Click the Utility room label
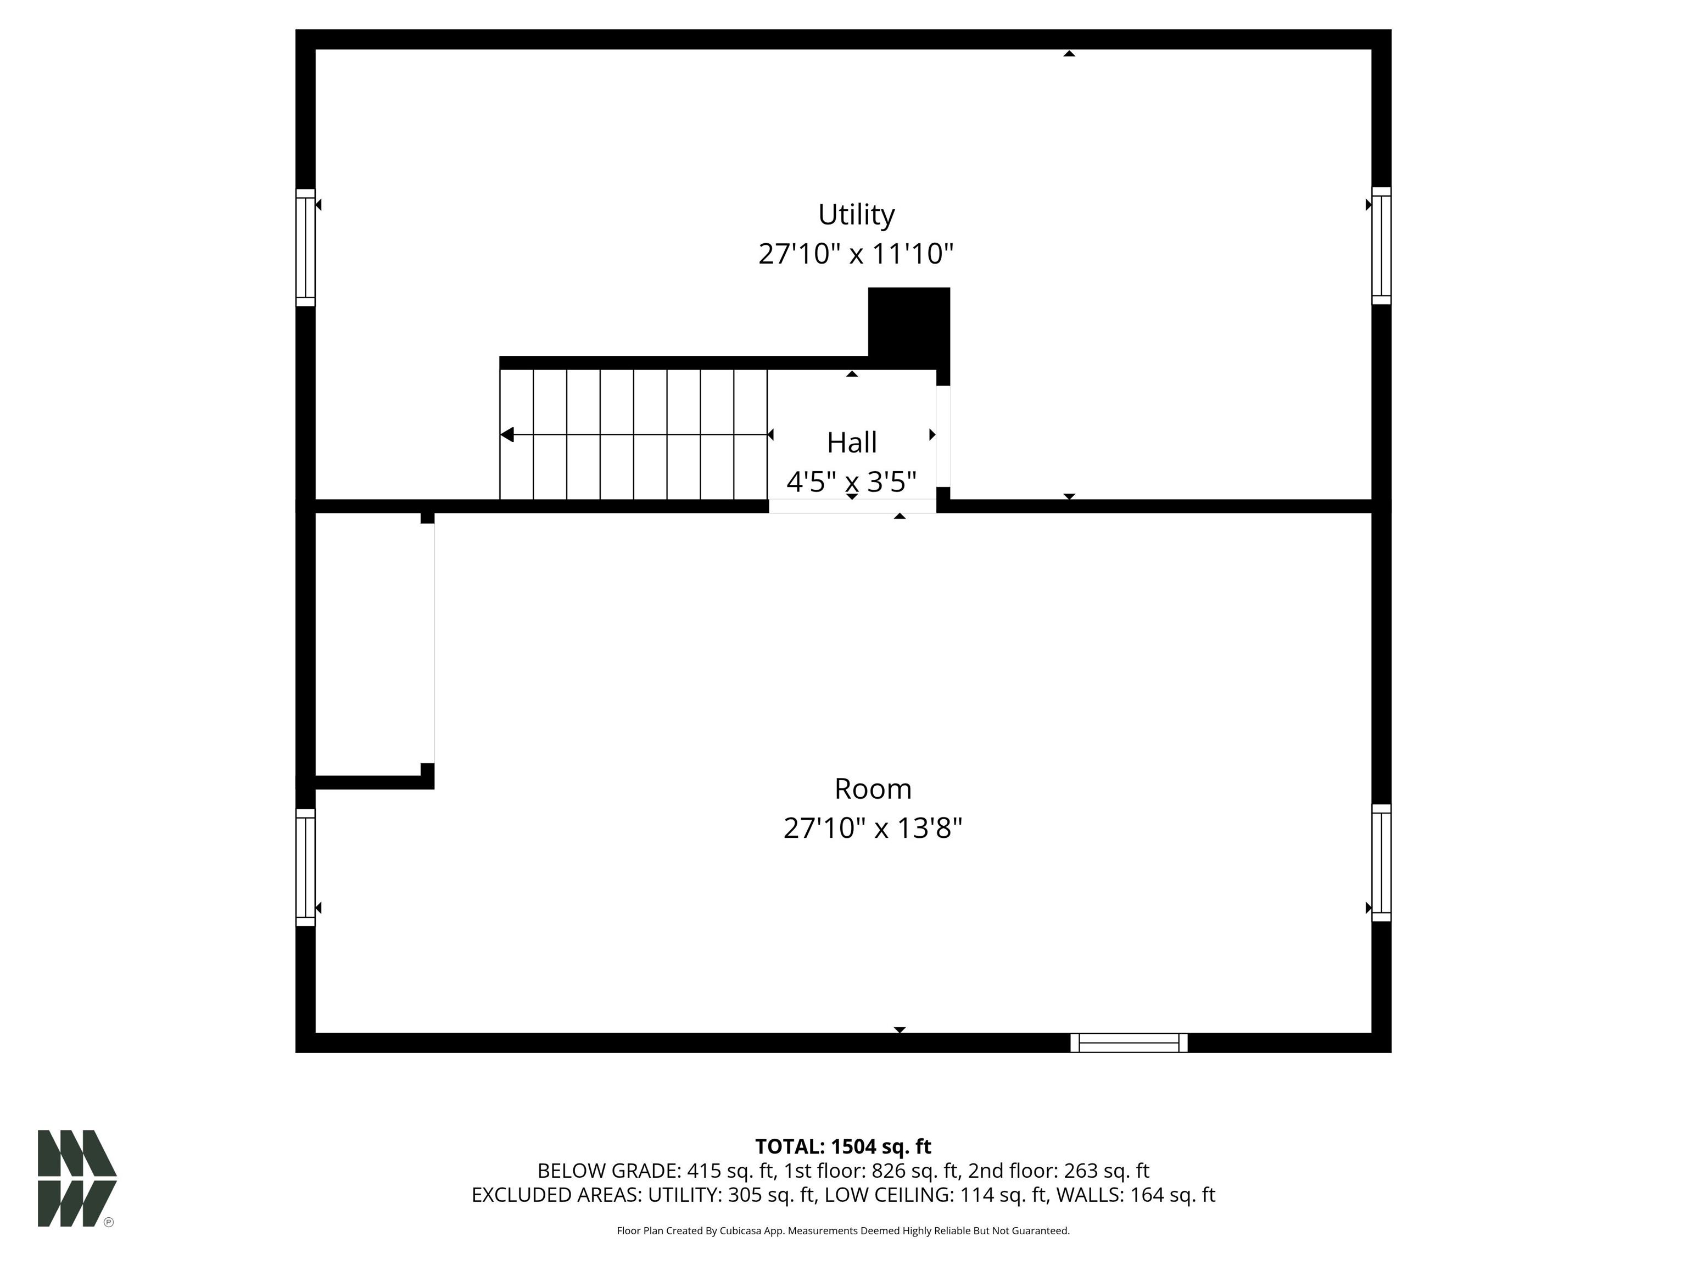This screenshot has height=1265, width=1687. pyautogui.click(x=856, y=215)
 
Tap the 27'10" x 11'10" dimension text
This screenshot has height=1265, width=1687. pyautogui.click(x=856, y=254)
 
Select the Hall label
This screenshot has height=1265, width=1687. pyautogui.click(x=852, y=442)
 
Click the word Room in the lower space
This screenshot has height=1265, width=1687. pyautogui.click(x=873, y=788)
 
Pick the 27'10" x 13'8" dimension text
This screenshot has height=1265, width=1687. pyautogui.click(x=873, y=828)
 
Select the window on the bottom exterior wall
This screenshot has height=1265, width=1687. pyautogui.click(x=1129, y=1042)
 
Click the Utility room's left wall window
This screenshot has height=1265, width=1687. pyautogui.click(x=305, y=248)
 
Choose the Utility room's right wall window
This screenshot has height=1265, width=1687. pyautogui.click(x=1381, y=245)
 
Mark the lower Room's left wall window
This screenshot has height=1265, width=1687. pyautogui.click(x=305, y=867)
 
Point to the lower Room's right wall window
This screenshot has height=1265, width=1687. pyautogui.click(x=1381, y=863)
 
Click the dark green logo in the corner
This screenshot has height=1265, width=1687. pyautogui.click(x=77, y=1178)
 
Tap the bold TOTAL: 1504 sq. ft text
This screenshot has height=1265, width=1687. pyautogui.click(x=843, y=1147)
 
